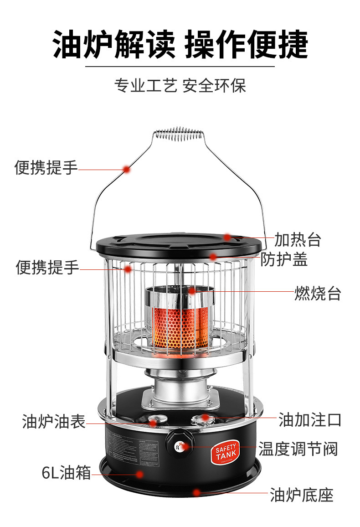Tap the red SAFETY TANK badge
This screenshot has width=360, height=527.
[x=226, y=453]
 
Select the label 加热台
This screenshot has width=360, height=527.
[x=298, y=239]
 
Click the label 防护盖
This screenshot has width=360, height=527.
[x=284, y=259]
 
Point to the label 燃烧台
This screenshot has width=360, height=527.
[x=317, y=293]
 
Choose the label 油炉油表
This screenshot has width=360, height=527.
[x=54, y=421]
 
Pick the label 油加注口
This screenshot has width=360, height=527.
[x=310, y=419]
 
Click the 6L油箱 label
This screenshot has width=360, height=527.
[x=66, y=473]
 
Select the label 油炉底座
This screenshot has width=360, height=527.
[x=302, y=494]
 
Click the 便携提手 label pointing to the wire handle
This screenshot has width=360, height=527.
[x=46, y=168]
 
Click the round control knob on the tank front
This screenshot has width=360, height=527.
[x=179, y=443]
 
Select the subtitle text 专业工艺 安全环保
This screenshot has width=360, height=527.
[x=180, y=86]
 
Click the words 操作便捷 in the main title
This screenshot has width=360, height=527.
[x=247, y=45]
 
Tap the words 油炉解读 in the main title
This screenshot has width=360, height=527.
[x=113, y=45]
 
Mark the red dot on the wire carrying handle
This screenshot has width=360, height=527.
[x=127, y=169]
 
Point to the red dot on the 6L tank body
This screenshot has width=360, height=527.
[x=140, y=474]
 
